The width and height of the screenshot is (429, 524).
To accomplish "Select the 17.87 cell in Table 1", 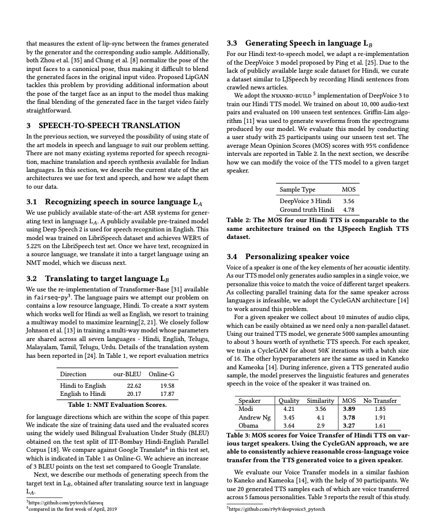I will coord(167,394).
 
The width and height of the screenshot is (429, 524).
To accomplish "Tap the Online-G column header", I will coord(162,374).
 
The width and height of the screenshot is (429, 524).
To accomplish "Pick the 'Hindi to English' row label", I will coord(83,385).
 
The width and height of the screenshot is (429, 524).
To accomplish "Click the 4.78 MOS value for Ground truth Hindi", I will coord(349,209).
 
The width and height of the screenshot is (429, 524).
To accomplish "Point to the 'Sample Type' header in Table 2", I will coord(297,189).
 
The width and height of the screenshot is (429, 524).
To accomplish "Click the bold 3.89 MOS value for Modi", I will coord(349,409).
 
